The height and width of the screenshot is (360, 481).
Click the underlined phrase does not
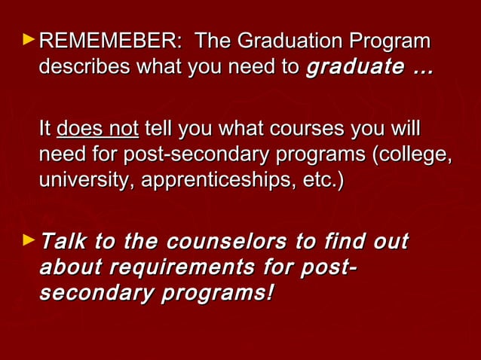point(97,129)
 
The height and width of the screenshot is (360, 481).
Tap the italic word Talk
point(60,243)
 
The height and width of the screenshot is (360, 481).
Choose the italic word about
point(70,268)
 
